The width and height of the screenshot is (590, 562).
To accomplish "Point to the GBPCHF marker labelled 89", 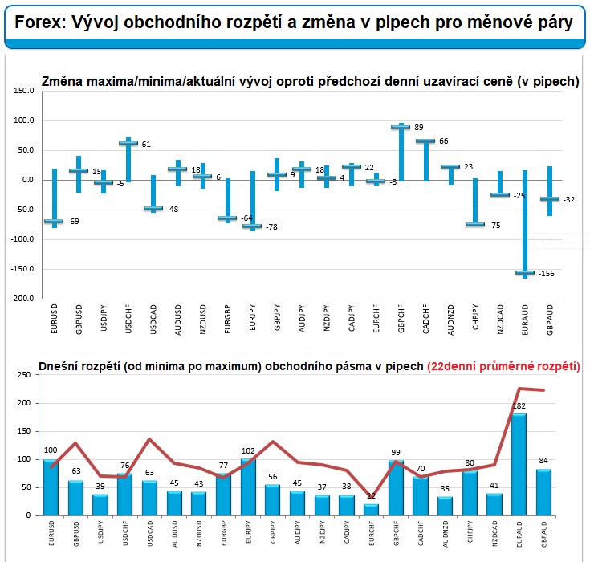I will pos(400,127).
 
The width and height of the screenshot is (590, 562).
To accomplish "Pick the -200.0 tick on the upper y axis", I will pos(23,299).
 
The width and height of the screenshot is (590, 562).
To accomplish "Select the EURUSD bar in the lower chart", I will pos(51,487).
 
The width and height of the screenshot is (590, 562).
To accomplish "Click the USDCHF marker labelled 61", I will pos(128,144).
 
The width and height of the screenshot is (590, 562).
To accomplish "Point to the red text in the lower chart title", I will pos(504,367).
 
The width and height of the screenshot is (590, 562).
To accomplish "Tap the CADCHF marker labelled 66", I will pos(425,141).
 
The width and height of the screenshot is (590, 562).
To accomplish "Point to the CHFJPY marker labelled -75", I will pos(474,225).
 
